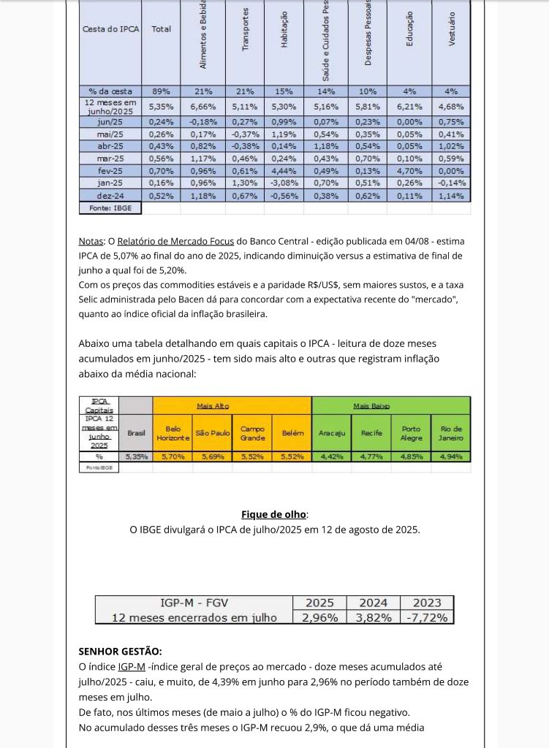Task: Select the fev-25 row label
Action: [110, 170]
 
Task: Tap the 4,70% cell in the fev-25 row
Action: [410, 170]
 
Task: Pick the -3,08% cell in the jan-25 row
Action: [284, 183]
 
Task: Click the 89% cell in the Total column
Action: [161, 91]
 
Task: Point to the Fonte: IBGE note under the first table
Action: [110, 208]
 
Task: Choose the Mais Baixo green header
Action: [371, 405]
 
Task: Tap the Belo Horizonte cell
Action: [173, 432]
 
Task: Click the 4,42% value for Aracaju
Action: [331, 457]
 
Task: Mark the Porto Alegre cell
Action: [411, 432]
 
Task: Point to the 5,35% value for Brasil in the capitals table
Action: [136, 457]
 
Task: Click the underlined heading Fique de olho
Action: [274, 514]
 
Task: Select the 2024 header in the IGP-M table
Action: [373, 603]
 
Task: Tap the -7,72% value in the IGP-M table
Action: [427, 617]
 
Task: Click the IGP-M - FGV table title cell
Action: [194, 603]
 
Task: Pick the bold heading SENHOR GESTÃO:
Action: [120, 651]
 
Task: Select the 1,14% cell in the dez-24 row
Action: [451, 196]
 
